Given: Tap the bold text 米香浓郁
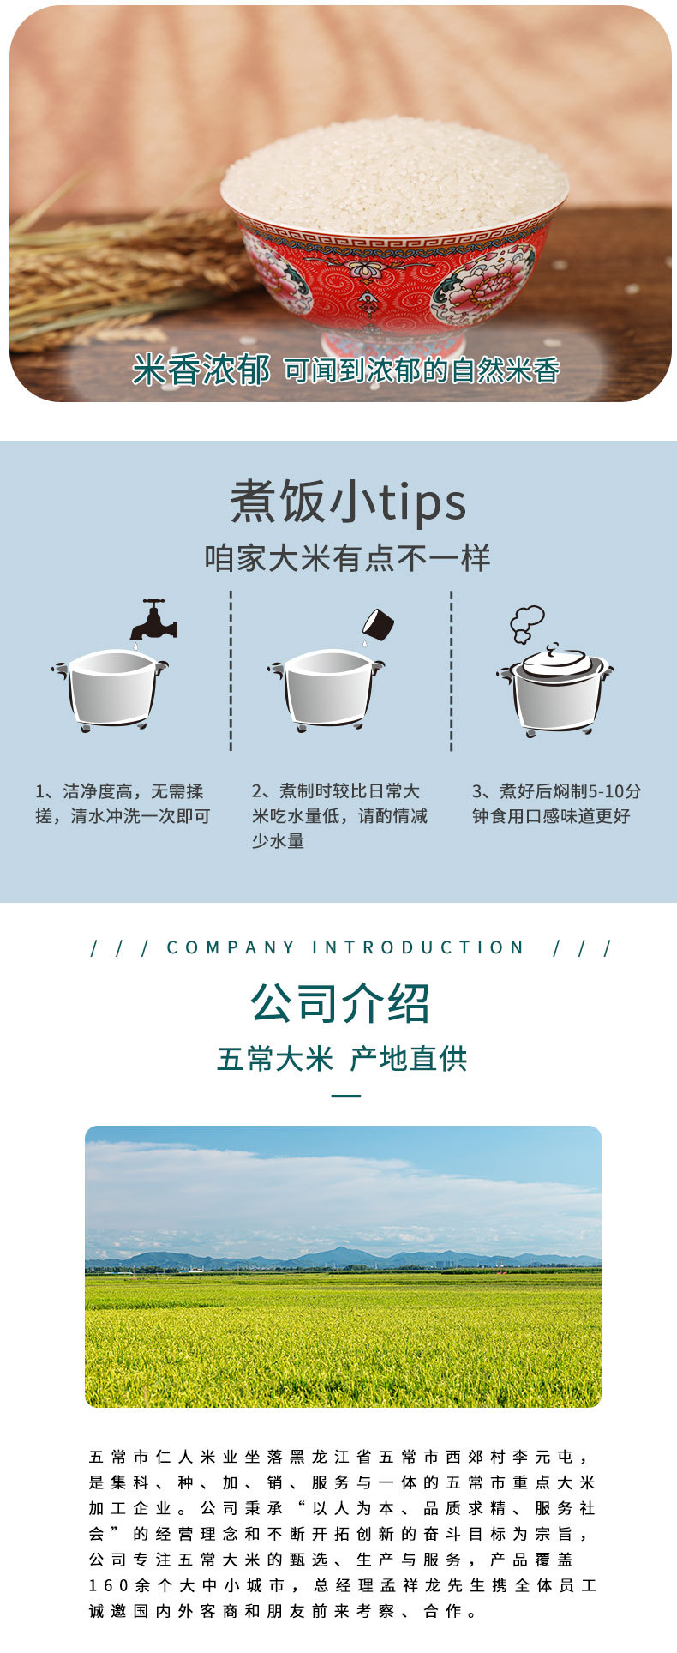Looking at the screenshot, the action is [x=201, y=370].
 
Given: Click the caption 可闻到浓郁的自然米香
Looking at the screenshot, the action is [x=422, y=370].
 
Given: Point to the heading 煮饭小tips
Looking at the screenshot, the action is [x=348, y=502].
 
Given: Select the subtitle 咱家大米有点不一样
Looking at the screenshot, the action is [x=347, y=558].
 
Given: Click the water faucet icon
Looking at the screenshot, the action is [x=153, y=619].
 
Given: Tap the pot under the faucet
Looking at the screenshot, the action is [x=111, y=690].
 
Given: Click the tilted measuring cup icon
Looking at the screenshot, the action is [x=377, y=626].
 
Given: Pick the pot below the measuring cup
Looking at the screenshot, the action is [x=326, y=690].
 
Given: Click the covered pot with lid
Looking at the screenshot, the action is [x=555, y=690].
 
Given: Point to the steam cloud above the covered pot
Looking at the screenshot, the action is [x=526, y=624].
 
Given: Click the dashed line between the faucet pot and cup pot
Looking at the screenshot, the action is [x=231, y=670].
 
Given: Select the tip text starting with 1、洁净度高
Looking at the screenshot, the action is [x=123, y=803].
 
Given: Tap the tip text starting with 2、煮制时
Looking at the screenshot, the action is [x=339, y=815].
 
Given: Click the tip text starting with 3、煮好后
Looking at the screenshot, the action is [x=556, y=803].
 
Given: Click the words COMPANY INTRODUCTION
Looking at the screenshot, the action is [x=345, y=947].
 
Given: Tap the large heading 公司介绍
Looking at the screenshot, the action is [x=340, y=1002].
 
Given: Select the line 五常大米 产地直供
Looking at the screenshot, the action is [x=342, y=1059].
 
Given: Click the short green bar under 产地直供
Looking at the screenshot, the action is [x=346, y=1096].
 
